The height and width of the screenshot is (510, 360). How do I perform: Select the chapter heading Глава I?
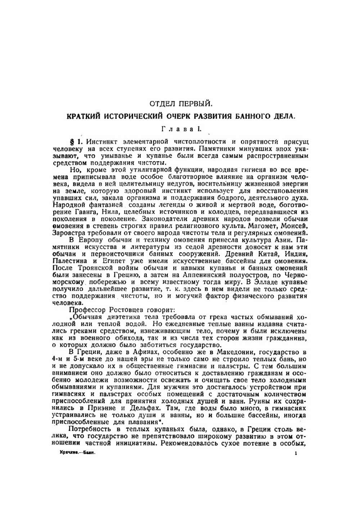(x=178, y=128)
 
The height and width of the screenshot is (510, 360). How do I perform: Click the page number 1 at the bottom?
(x=296, y=454)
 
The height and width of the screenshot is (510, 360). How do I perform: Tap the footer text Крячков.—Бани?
(x=77, y=454)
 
